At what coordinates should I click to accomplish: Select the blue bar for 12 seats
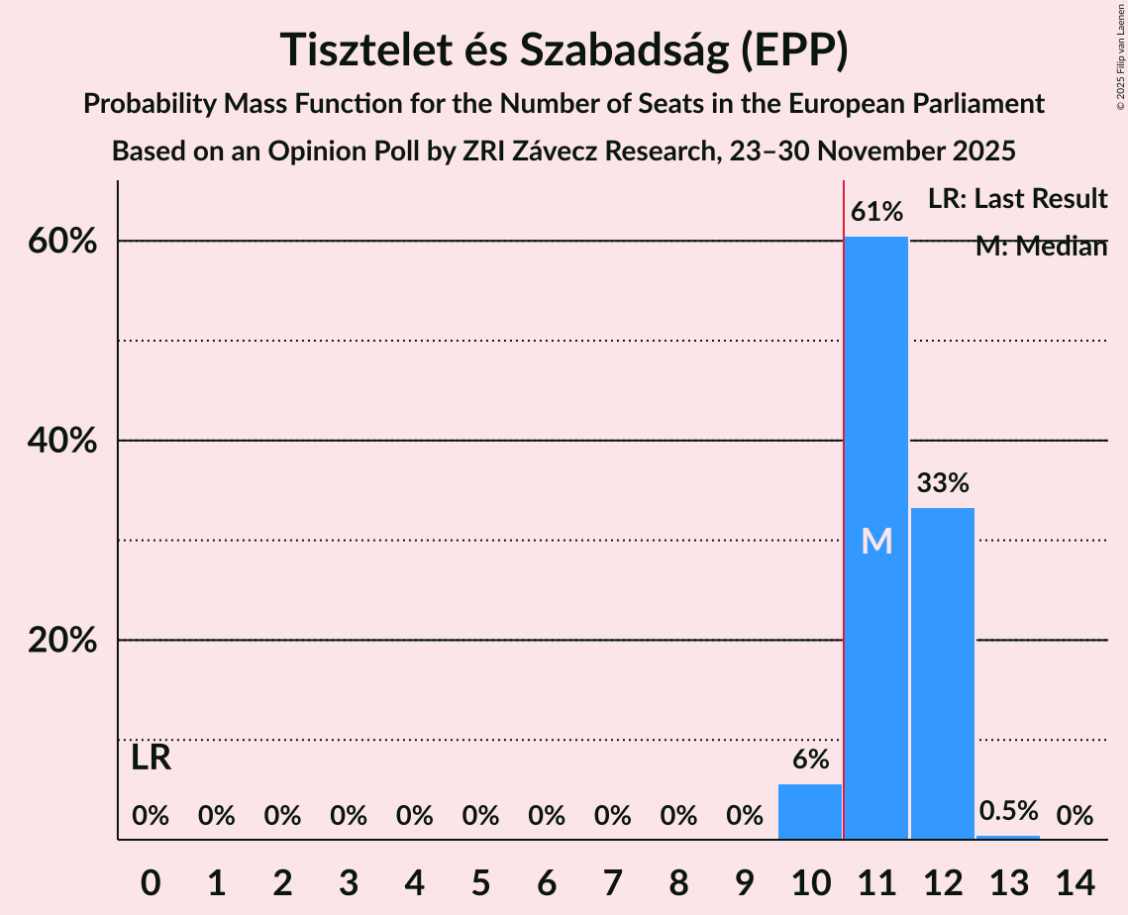point(942,673)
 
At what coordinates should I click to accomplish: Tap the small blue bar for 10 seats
point(810,812)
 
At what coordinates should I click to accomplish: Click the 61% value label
point(876,212)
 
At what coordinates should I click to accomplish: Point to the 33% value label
point(942,483)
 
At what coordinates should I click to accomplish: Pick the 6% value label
point(810,760)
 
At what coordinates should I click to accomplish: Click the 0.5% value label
point(1008,811)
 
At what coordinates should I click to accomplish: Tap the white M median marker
point(876,541)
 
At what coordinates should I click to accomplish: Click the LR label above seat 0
point(151,759)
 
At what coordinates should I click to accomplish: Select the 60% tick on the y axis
point(61,242)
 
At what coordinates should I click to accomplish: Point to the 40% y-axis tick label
point(61,441)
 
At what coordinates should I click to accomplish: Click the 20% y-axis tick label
point(61,641)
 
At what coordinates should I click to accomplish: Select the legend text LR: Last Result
point(1017,199)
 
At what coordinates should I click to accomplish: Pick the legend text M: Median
point(1041,247)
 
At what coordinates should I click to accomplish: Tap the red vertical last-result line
point(844,495)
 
